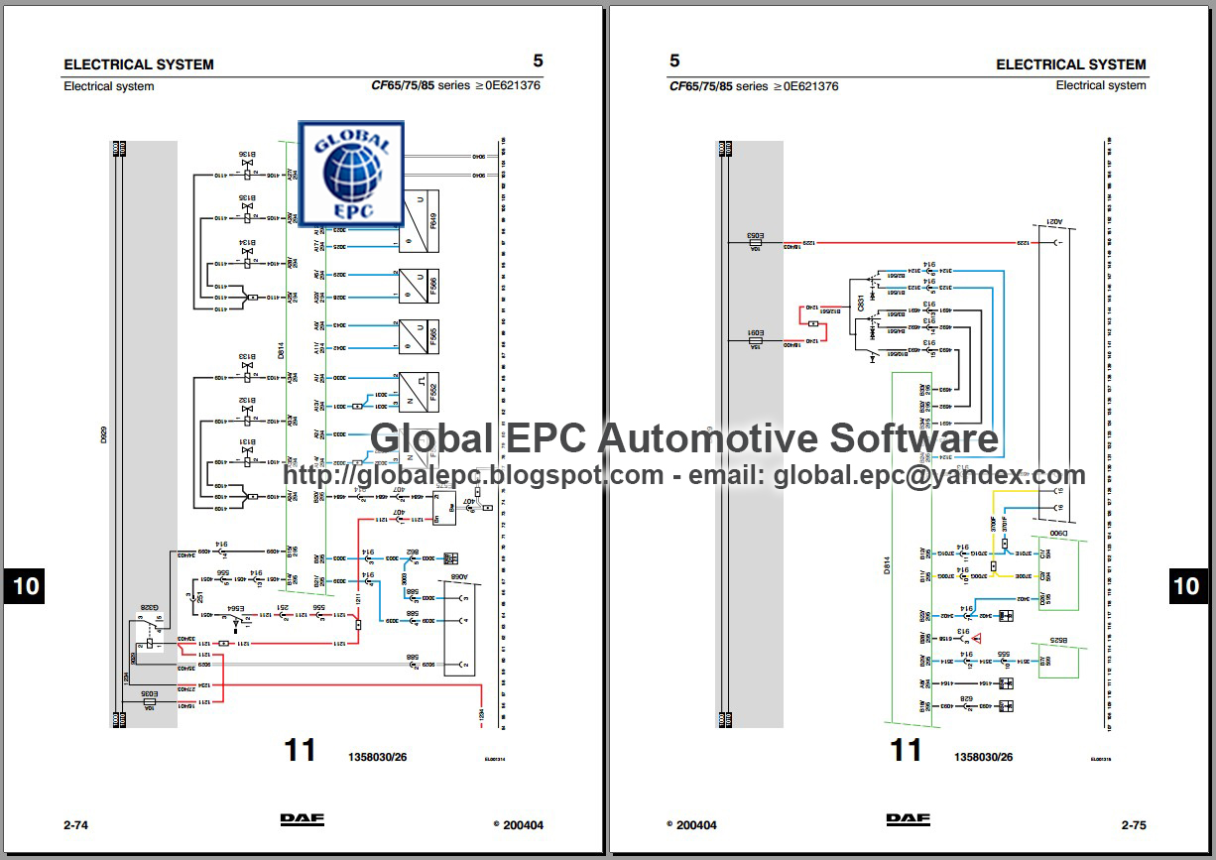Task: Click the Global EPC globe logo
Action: tap(352, 172)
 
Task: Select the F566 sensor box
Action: tap(419, 286)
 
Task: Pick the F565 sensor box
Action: tap(419, 337)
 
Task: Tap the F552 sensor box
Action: tap(419, 392)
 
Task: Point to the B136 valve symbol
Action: tap(247, 163)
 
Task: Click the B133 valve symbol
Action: tap(247, 366)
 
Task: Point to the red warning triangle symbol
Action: tap(976, 640)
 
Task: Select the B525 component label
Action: tap(1059, 642)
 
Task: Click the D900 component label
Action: tap(1059, 535)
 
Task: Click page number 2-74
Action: tap(76, 824)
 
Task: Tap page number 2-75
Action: tap(1134, 824)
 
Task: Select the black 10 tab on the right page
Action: tap(1186, 585)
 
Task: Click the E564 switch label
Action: tap(236, 607)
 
